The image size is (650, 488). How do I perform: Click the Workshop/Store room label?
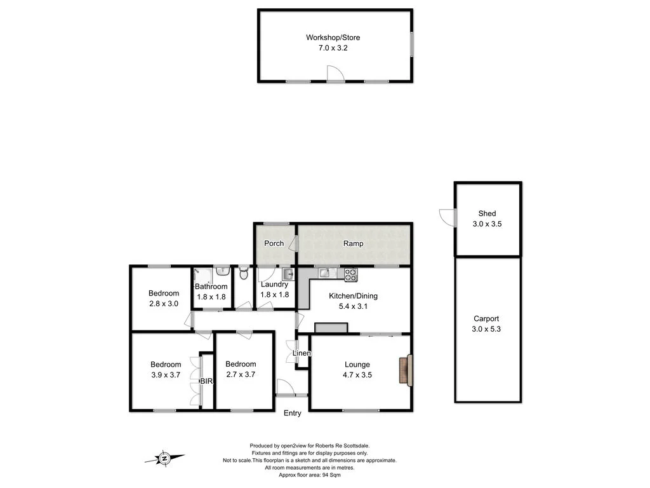pyautogui.click(x=333, y=37)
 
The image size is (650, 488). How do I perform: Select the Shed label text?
pyautogui.click(x=487, y=213)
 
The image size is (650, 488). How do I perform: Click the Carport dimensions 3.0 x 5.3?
pyautogui.click(x=487, y=329)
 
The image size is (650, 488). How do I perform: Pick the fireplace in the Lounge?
pyautogui.click(x=405, y=370)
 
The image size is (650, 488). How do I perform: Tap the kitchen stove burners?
pyautogui.click(x=351, y=274)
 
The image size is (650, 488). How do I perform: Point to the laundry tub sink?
pyautogui.click(x=287, y=274)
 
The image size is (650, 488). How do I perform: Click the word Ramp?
pyautogui.click(x=353, y=243)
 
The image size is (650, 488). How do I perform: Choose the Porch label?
pyautogui.click(x=274, y=243)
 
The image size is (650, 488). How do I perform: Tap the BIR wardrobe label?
pyautogui.click(x=207, y=381)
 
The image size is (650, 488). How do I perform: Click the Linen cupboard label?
pyautogui.click(x=302, y=353)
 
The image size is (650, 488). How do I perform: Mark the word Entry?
pyautogui.click(x=292, y=414)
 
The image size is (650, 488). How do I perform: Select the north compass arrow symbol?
pyautogui.click(x=165, y=457)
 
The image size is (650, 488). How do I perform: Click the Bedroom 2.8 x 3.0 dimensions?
pyautogui.click(x=164, y=304)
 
